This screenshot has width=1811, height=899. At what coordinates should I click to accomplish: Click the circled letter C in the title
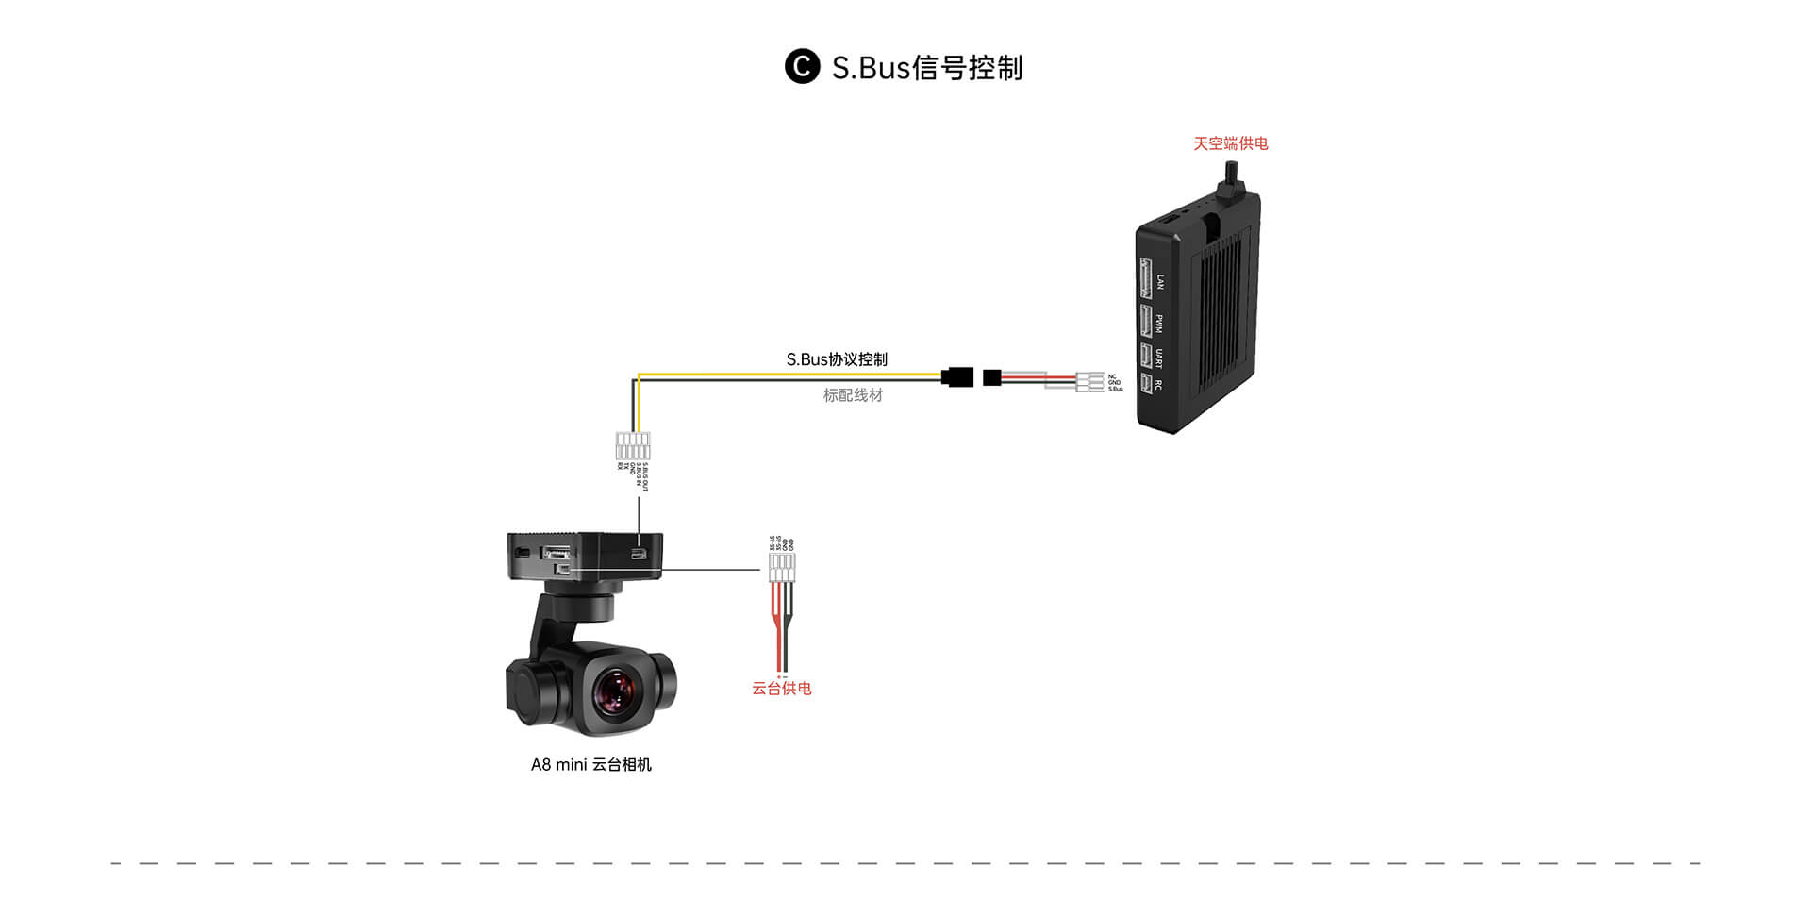[802, 67]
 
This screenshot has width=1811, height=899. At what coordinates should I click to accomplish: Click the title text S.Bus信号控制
[926, 68]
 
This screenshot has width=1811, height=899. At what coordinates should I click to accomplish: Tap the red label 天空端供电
[1230, 143]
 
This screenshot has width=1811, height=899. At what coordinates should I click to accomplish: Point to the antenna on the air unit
[1230, 179]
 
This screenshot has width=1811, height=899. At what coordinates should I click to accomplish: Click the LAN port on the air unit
[1146, 278]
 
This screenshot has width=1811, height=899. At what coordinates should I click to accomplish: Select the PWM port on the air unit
[1146, 322]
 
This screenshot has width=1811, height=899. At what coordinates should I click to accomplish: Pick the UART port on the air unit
[1145, 358]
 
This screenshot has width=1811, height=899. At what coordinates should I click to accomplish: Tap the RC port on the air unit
[1145, 384]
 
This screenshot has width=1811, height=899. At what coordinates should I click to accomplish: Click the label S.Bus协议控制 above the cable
[837, 359]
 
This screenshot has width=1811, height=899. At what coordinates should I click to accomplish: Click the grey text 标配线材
[853, 395]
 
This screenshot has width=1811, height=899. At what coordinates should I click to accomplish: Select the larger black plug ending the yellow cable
[957, 377]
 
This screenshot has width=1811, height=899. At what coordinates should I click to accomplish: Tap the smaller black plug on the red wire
[991, 377]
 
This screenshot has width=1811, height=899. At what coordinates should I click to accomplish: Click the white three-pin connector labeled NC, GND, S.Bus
[1090, 381]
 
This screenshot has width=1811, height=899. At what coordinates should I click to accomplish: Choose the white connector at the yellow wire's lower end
[633, 445]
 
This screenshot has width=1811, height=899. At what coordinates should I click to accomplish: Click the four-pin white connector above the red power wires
[781, 567]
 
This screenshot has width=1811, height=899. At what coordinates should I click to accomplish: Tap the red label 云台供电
[781, 689]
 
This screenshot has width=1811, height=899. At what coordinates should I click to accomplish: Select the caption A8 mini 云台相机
[591, 765]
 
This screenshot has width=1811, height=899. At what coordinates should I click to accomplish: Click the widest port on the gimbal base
[557, 554]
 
